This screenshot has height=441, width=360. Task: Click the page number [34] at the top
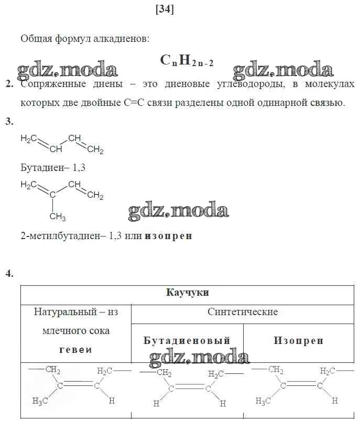[165, 9]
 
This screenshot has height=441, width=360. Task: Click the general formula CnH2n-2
[187, 60]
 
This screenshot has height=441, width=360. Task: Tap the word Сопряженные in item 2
[53, 84]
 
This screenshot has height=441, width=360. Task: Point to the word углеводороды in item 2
[251, 84]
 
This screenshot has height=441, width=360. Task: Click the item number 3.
[9, 121]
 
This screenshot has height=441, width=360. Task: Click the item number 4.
[9, 273]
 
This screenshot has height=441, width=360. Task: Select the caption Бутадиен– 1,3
[53, 168]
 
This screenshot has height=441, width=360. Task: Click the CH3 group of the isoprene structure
[57, 217]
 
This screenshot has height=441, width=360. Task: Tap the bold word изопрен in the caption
[168, 235]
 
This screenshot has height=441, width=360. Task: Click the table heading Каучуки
[188, 293]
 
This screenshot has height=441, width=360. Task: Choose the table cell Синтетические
[243, 311]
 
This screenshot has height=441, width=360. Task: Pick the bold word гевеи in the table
[75, 350]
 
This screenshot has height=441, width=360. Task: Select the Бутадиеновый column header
[187, 341]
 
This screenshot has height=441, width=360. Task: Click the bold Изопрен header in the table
[299, 341]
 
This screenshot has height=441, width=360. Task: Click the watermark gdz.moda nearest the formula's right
[283, 69]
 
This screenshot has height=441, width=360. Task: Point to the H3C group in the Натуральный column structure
[40, 401]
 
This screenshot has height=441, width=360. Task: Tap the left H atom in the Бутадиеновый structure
[157, 404]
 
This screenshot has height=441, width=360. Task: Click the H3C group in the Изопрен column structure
[263, 401]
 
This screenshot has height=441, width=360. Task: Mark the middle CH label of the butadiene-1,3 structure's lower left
[56, 149]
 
